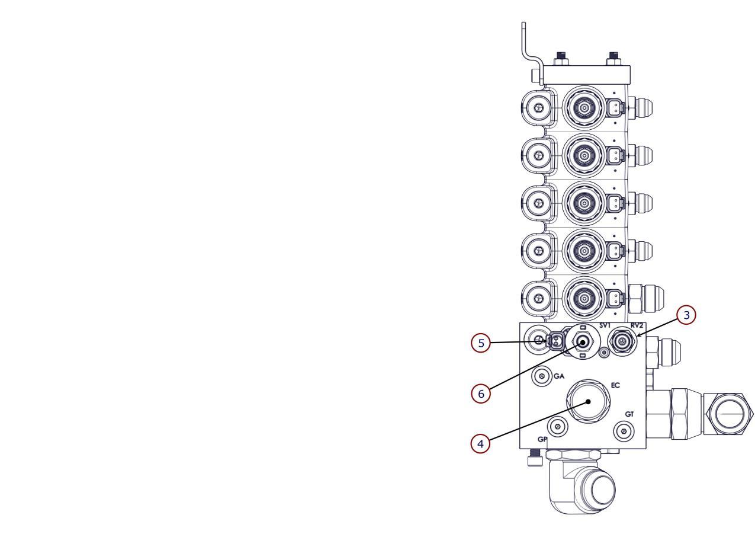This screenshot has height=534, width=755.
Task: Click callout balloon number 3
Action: (x=686, y=315)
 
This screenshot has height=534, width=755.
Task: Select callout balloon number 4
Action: (x=480, y=443)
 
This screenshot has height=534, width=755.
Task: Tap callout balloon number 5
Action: (x=481, y=343)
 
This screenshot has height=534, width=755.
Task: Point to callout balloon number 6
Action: (x=481, y=394)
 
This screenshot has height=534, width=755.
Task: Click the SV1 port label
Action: (x=605, y=325)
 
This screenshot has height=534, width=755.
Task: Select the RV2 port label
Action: (x=637, y=325)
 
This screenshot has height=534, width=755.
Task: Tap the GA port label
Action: (x=559, y=376)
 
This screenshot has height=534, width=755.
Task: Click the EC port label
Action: (x=615, y=385)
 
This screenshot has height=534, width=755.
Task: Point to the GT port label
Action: (x=629, y=414)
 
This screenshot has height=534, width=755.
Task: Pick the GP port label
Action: (x=542, y=439)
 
